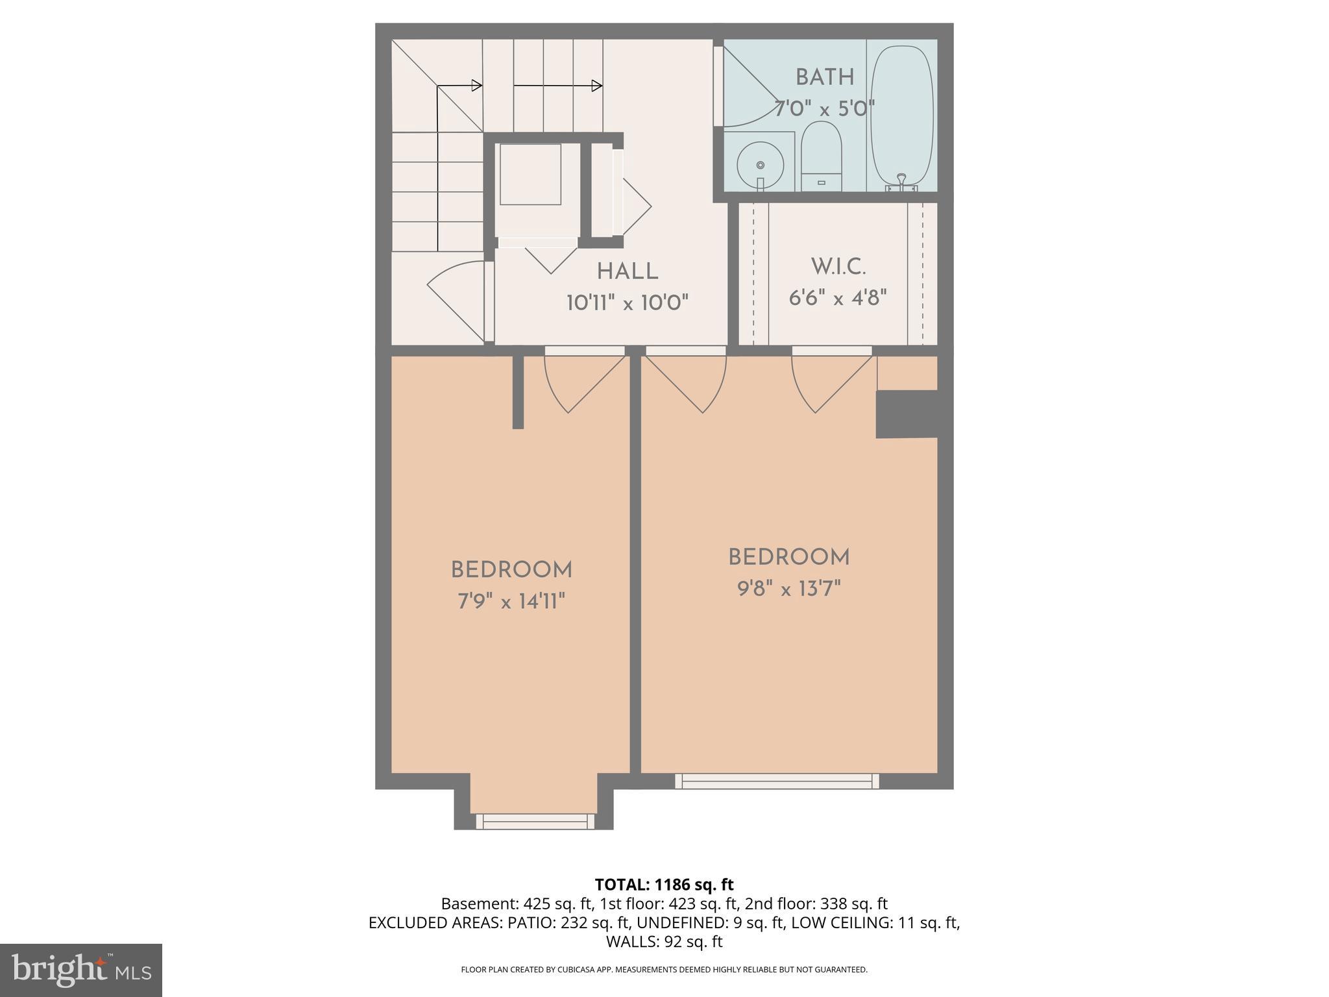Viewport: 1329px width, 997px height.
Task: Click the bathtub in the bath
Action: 901,116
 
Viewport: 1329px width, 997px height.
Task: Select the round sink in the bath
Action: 759,166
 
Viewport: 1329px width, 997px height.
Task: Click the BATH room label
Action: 825,77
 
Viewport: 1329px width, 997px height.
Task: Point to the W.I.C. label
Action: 838,266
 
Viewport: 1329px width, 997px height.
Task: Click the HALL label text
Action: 628,271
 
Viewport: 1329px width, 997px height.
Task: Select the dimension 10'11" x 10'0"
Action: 627,302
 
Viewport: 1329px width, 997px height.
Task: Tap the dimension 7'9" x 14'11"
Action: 511,602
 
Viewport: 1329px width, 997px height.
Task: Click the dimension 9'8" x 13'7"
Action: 788,589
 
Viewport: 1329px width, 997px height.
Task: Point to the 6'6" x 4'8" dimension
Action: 838,298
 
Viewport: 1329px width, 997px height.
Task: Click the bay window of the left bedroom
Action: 535,821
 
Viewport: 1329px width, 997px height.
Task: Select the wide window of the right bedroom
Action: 777,781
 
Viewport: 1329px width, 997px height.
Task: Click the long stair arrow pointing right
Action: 558,86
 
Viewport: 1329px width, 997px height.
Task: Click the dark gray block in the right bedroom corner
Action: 907,414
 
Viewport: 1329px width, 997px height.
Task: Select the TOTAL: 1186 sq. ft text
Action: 664,884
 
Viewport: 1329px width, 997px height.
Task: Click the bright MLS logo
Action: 81,970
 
